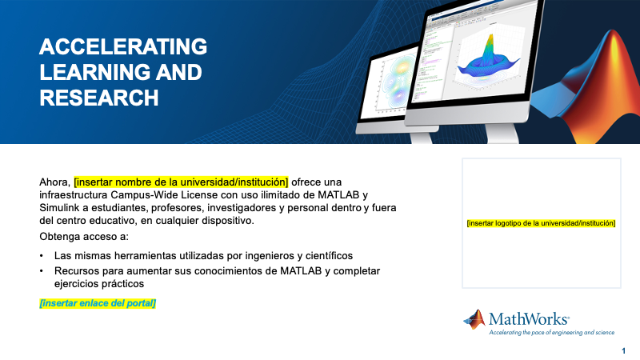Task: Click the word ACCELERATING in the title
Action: (x=123, y=46)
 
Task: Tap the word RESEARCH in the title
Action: (x=98, y=98)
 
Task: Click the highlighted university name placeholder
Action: (x=181, y=181)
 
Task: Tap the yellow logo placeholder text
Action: (x=541, y=223)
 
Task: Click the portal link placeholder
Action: (x=98, y=303)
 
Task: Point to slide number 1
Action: (x=623, y=351)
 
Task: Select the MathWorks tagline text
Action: (x=551, y=332)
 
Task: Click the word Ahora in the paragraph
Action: (x=54, y=181)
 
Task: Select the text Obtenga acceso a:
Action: (x=83, y=237)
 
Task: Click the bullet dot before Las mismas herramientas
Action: (x=42, y=256)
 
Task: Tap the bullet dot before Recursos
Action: (x=42, y=271)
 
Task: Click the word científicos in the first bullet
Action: (x=326, y=256)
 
